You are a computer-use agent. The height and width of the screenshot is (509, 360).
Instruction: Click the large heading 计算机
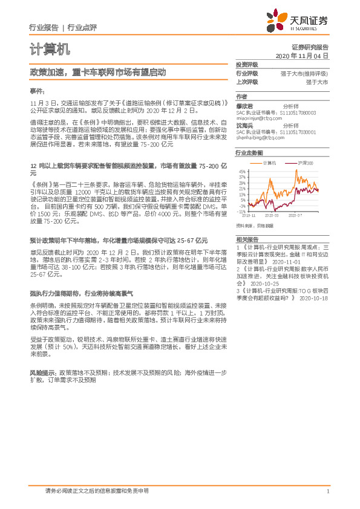[x=50, y=48]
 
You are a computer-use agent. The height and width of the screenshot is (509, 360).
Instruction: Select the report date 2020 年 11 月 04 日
[x=301, y=56]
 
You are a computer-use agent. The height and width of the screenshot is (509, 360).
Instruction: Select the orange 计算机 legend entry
[x=269, y=164]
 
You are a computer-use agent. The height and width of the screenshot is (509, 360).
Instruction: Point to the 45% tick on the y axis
[x=242, y=172]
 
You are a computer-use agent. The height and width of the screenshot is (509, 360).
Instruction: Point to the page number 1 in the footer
[x=327, y=491]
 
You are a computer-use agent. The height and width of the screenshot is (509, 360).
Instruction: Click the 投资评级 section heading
[x=247, y=64]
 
